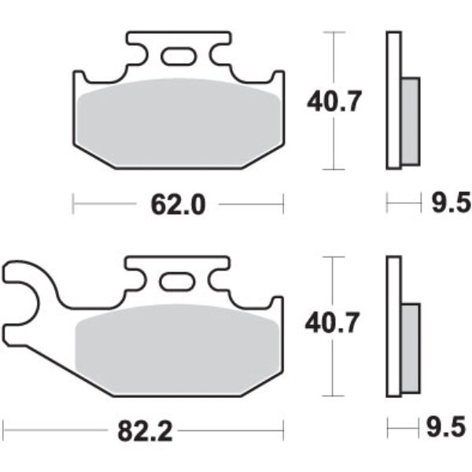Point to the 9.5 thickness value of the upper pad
click(x=449, y=205)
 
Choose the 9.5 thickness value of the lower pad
click(x=449, y=430)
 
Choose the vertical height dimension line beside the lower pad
click(x=336, y=370)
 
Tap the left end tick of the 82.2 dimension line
click(x=4, y=430)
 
